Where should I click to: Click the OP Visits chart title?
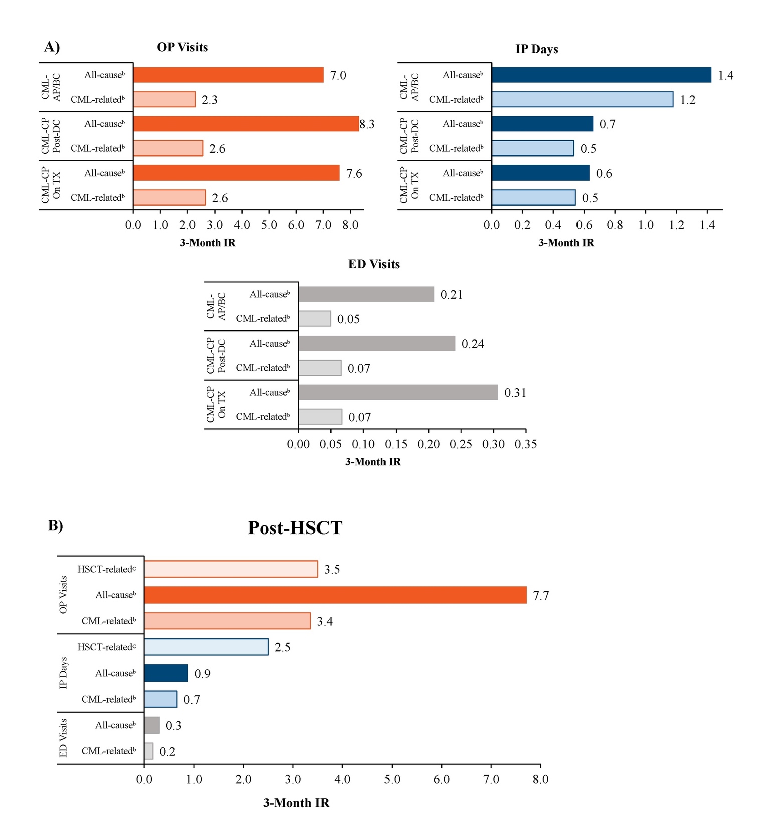click(x=182, y=47)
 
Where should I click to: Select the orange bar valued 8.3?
click(x=246, y=124)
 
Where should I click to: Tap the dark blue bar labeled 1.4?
click(x=601, y=75)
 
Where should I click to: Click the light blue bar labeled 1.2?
click(x=582, y=99)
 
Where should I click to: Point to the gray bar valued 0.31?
click(x=398, y=392)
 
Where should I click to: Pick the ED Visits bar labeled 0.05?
click(x=314, y=319)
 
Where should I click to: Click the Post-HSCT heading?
click(x=295, y=528)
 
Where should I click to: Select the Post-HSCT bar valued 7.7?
click(x=335, y=595)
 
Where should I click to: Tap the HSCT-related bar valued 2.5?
click(x=206, y=647)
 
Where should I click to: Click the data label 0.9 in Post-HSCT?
click(x=202, y=674)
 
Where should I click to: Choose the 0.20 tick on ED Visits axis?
click(x=429, y=444)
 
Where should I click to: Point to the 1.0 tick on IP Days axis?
click(x=646, y=225)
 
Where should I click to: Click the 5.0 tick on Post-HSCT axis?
click(x=392, y=779)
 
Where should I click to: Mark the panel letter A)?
click(x=52, y=47)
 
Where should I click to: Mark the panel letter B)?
click(x=55, y=525)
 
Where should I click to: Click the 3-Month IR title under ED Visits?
click(x=372, y=462)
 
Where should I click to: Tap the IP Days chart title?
click(x=536, y=49)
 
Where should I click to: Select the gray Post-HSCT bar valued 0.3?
click(x=151, y=725)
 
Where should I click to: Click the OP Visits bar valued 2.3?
click(x=164, y=99)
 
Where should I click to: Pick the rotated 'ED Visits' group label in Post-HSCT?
click(x=63, y=738)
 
